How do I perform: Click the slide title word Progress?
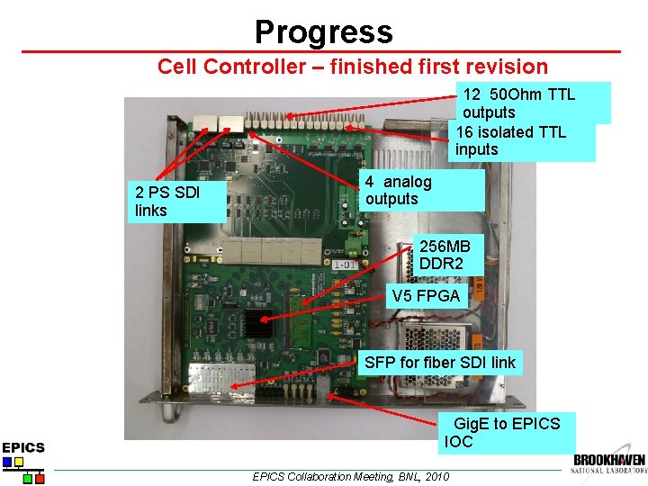[323, 32]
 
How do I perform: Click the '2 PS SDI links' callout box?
[176, 202]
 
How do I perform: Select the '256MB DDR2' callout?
[447, 255]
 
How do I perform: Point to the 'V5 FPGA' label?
[426, 295]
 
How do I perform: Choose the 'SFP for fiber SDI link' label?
[439, 363]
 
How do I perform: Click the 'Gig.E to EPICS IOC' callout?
[506, 432]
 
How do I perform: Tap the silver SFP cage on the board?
[211, 381]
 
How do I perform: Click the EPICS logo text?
[23, 447]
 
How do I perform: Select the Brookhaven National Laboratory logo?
[609, 463]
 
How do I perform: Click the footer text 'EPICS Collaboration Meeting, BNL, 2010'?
[350, 476]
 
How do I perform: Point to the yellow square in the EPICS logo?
[19, 463]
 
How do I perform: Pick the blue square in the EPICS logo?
[7, 463]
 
